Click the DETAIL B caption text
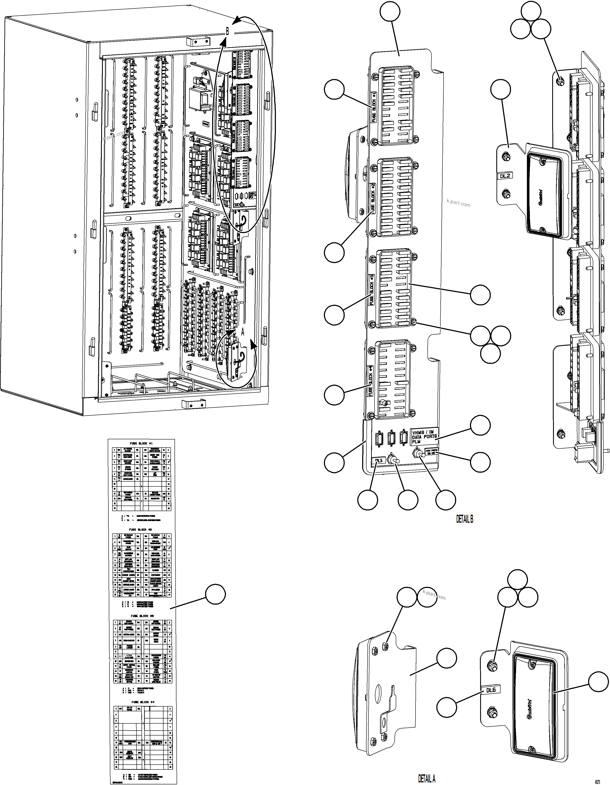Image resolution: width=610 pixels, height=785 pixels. [464, 519]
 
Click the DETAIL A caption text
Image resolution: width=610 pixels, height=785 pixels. [427, 779]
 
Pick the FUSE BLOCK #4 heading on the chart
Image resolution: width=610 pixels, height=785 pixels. [142, 702]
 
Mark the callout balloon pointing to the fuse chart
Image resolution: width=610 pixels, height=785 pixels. [215, 595]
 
